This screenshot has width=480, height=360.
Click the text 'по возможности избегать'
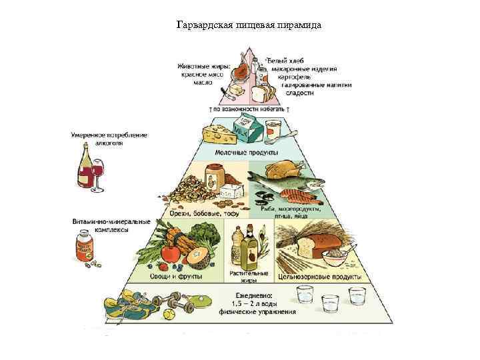tap(249, 109)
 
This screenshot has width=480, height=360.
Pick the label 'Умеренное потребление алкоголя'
tap(109, 139)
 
